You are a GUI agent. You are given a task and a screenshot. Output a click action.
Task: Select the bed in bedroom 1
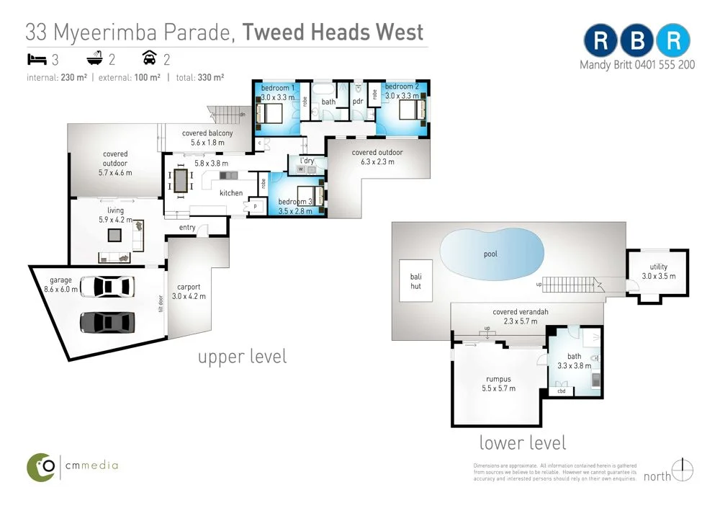click(273, 112)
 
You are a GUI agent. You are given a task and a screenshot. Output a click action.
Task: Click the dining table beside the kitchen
click(180, 180)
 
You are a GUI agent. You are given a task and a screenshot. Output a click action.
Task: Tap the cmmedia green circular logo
click(42, 467)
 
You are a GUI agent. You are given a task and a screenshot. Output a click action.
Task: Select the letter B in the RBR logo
click(637, 41)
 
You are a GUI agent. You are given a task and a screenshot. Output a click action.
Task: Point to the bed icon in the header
click(37, 58)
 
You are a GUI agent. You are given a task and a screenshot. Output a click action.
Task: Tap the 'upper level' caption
click(242, 357)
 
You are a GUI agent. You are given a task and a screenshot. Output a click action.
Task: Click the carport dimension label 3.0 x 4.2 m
click(189, 295)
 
